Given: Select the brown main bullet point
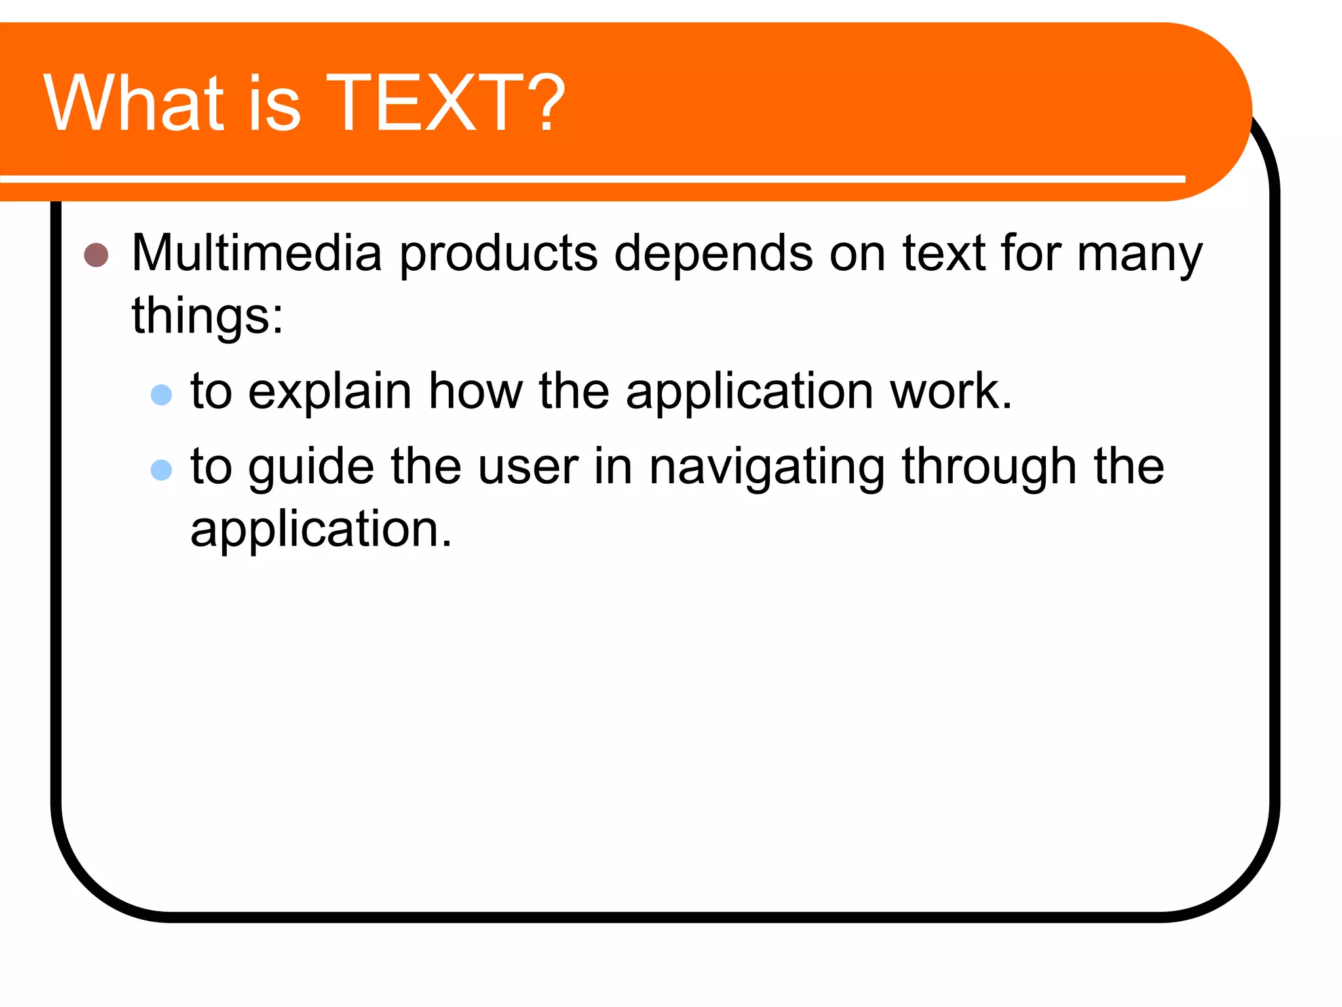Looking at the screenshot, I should [96, 255].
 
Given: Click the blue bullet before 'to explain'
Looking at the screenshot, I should [161, 395].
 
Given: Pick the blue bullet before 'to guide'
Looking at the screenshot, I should [161, 469].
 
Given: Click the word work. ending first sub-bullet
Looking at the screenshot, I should [951, 391].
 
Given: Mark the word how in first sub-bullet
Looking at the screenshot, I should [476, 391].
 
